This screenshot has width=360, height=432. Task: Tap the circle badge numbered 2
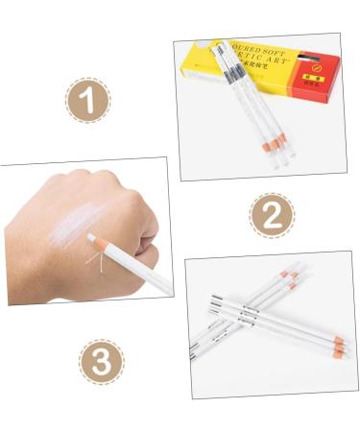pyautogui.click(x=272, y=216)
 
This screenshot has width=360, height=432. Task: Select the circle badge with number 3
pyautogui.click(x=101, y=363)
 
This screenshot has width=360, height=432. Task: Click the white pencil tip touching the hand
pyautogui.click(x=92, y=236)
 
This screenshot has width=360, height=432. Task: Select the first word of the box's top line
pyautogui.click(x=254, y=45)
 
